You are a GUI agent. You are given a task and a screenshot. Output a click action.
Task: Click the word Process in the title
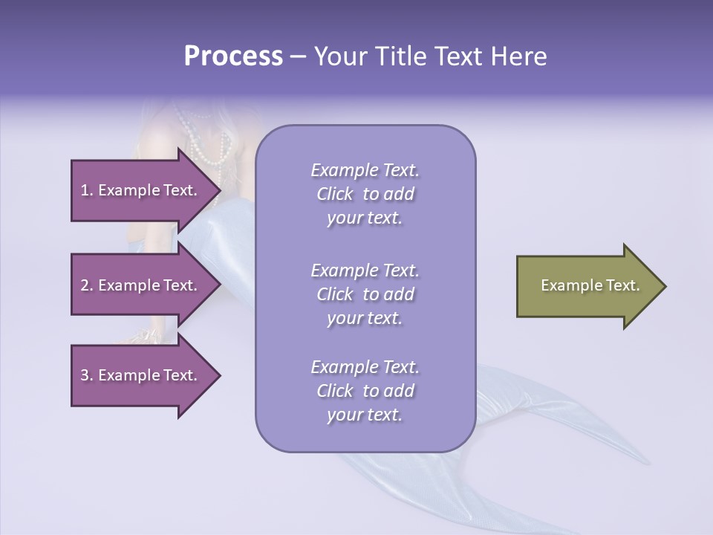pyautogui.click(x=233, y=56)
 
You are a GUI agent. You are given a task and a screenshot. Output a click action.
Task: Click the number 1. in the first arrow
pyautogui.click(x=87, y=190)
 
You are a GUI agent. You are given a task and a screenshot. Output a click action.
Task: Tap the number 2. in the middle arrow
pyautogui.click(x=87, y=285)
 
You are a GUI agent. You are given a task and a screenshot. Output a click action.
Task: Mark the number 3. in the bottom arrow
pyautogui.click(x=87, y=375)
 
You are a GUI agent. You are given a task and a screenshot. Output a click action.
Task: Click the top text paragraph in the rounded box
pyautogui.click(x=365, y=194)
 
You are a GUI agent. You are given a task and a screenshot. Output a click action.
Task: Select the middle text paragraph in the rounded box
pyautogui.click(x=365, y=294)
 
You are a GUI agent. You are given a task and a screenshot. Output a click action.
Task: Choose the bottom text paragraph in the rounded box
pyautogui.click(x=365, y=391)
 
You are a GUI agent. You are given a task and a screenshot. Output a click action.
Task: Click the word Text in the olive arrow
pyautogui.click(x=622, y=285)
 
